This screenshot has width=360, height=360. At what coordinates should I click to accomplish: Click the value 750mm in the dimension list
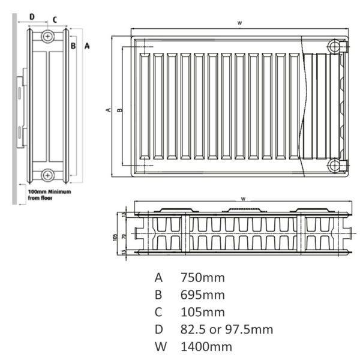(203, 278)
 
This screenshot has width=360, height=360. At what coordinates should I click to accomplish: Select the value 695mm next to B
(203, 295)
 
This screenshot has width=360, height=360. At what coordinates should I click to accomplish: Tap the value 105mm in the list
(203, 312)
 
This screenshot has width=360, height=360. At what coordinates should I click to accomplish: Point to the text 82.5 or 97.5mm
(227, 329)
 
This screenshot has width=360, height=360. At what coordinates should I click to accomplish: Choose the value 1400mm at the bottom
(206, 347)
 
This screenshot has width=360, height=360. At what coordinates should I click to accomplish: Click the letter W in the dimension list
(161, 347)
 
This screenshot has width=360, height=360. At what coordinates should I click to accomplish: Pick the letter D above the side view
(32, 17)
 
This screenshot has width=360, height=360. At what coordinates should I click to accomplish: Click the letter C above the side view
(55, 20)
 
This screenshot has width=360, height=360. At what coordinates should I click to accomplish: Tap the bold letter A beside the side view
(87, 46)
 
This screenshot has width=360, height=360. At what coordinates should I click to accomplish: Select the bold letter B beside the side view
(73, 46)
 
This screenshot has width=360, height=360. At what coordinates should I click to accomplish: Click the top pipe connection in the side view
(47, 36)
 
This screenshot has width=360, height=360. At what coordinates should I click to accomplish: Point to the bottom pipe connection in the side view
(47, 175)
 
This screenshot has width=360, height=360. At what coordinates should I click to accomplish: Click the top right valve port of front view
(335, 47)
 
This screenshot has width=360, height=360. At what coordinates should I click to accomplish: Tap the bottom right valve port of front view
(335, 166)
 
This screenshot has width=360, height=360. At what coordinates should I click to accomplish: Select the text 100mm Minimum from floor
(49, 194)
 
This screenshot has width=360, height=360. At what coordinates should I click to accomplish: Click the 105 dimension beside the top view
(115, 237)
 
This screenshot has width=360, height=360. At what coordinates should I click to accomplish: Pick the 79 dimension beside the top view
(124, 237)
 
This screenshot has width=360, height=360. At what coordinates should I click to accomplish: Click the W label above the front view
(239, 23)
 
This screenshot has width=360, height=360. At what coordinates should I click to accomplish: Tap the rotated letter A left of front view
(108, 110)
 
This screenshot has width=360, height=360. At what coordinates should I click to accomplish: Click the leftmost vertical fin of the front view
(145, 106)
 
